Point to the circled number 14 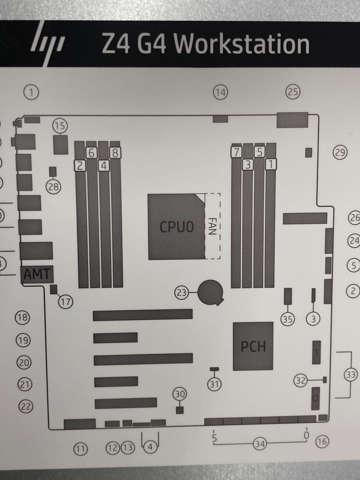point(220,92)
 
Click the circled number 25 point(292,92)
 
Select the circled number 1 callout point(31,92)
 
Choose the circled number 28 point(53,187)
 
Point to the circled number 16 point(322,441)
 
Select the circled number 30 point(180,394)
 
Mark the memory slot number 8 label point(115,154)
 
